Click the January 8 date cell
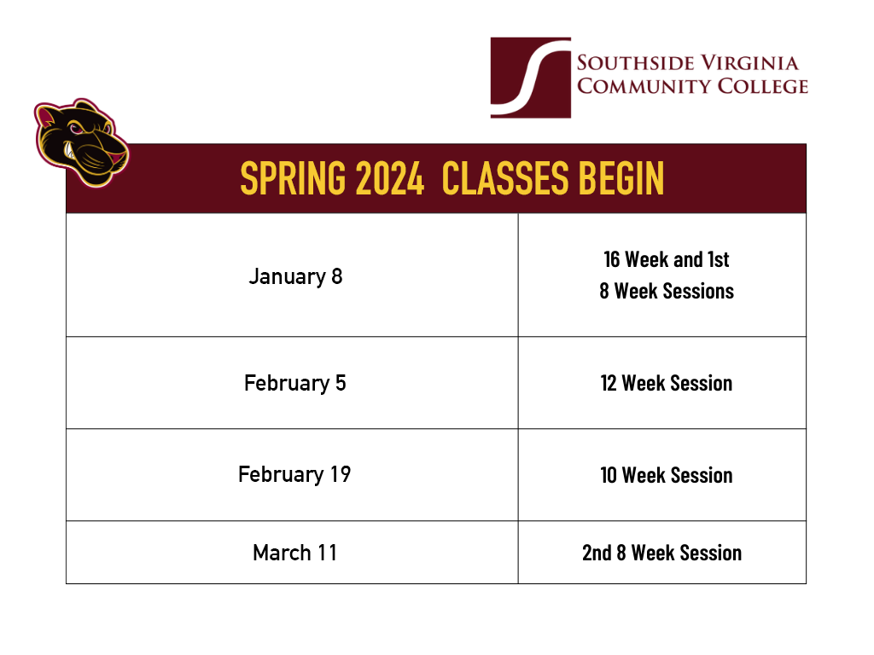[295, 276]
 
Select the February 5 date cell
[295, 383]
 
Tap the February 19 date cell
[295, 474]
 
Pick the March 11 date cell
[295, 553]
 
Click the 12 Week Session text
[666, 383]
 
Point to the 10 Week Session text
[666, 475]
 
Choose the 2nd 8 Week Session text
[661, 553]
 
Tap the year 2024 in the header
[389, 178]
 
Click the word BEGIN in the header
[621, 178]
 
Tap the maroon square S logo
[530, 78]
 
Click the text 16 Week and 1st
[666, 259]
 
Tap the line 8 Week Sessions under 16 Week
[666, 291]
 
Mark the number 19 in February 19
[340, 474]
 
